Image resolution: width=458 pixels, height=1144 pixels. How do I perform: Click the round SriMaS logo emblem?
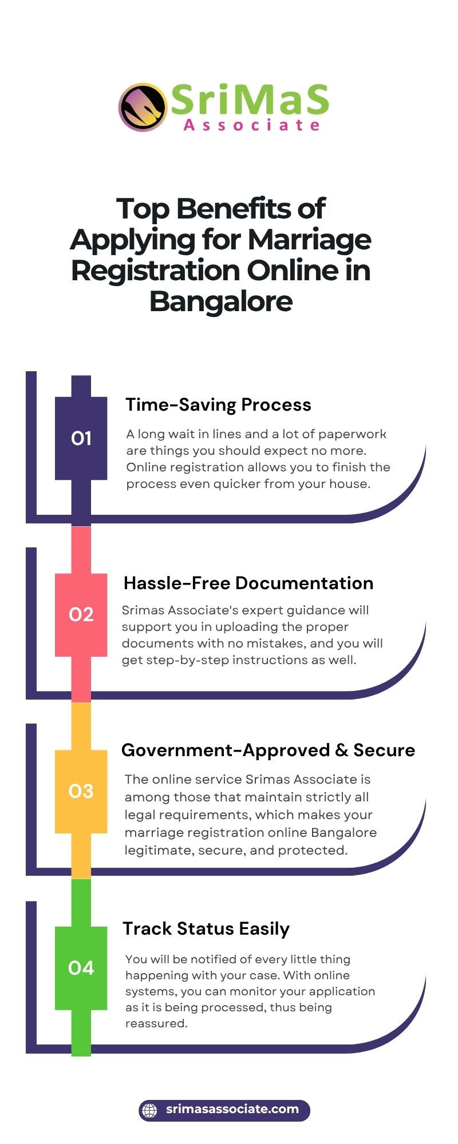pyautogui.click(x=143, y=108)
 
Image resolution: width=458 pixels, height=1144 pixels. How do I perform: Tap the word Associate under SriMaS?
pyautogui.click(x=251, y=125)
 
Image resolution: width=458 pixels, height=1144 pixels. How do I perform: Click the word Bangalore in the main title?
pyautogui.click(x=221, y=301)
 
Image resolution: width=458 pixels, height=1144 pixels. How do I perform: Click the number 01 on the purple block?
pyautogui.click(x=81, y=438)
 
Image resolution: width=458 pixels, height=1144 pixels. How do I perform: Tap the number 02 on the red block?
pyautogui.click(x=81, y=614)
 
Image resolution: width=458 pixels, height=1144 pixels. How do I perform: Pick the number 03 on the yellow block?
pyautogui.click(x=81, y=791)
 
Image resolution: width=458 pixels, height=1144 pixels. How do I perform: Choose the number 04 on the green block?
pyautogui.click(x=81, y=968)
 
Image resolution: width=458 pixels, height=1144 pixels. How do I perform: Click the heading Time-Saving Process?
pyautogui.click(x=218, y=404)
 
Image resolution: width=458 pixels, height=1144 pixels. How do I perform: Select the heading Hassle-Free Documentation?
pyautogui.click(x=248, y=583)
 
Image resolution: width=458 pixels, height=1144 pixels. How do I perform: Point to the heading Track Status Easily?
pyautogui.click(x=206, y=929)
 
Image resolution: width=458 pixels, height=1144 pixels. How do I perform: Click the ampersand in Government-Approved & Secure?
pyautogui.click(x=341, y=750)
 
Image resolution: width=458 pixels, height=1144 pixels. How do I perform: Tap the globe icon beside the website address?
pyautogui.click(x=149, y=1110)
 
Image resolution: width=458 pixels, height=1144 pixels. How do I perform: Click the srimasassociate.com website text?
pyautogui.click(x=232, y=1109)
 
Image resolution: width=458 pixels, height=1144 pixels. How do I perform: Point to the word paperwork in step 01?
pyautogui.click(x=352, y=434)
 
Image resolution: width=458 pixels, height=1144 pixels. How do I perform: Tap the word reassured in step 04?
pyautogui.click(x=156, y=1023)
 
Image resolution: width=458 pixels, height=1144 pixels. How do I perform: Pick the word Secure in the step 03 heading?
pyautogui.click(x=384, y=750)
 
